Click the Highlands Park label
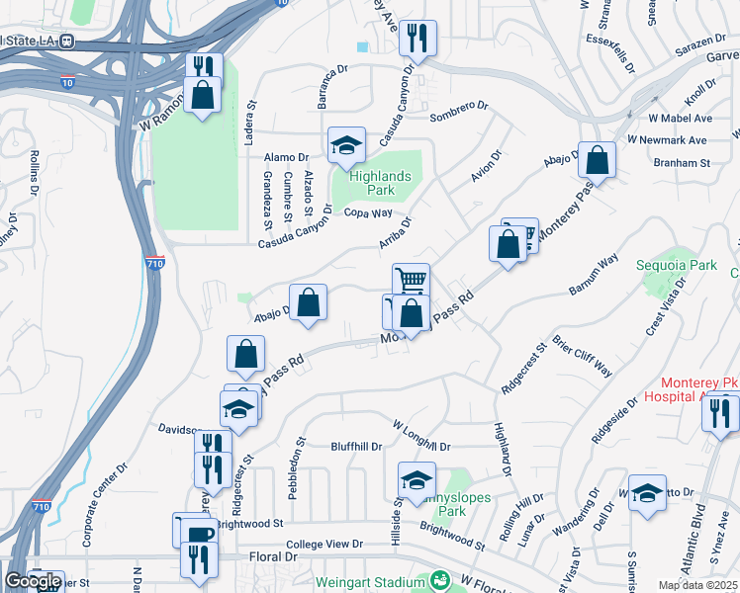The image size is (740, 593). (x=372, y=183)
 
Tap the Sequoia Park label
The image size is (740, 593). (x=690, y=266)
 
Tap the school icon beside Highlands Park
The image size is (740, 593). (x=346, y=146)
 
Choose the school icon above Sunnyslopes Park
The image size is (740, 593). (x=416, y=481)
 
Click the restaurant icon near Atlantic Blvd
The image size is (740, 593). (x=720, y=412)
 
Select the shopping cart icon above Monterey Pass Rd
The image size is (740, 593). (x=410, y=280)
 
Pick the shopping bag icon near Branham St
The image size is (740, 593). (x=598, y=160)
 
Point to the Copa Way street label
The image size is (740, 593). (x=368, y=212)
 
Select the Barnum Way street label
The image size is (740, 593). (x=594, y=274)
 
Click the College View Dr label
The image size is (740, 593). (x=325, y=545)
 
